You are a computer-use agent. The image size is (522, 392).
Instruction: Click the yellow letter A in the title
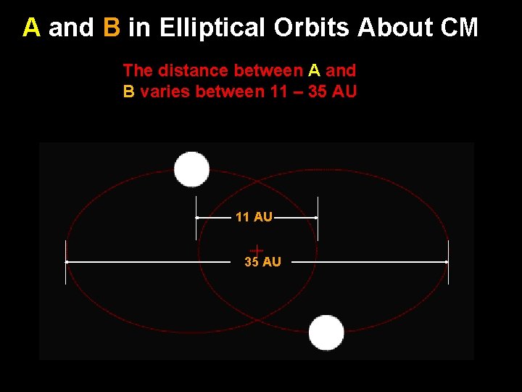[31, 28]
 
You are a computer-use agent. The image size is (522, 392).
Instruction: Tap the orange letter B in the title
[112, 28]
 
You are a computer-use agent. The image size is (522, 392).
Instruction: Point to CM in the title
[459, 28]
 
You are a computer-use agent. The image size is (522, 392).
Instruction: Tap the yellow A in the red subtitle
[315, 70]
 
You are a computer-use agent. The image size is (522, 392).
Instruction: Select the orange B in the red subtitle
[129, 92]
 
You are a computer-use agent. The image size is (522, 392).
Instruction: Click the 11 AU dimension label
[254, 217]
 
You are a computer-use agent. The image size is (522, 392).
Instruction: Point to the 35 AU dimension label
[262, 262]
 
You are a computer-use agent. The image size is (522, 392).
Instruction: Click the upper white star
[192, 170]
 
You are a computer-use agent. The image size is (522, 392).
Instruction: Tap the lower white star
[326, 333]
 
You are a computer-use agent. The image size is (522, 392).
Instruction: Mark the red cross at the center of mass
[256, 250]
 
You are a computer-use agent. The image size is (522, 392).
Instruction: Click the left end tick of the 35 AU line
[66, 261]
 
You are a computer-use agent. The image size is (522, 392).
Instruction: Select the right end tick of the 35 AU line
[448, 261]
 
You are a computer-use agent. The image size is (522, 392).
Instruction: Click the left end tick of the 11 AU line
[196, 217]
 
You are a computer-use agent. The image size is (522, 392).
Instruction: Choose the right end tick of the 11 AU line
[318, 217]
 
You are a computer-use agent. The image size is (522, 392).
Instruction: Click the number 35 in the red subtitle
[317, 92]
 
